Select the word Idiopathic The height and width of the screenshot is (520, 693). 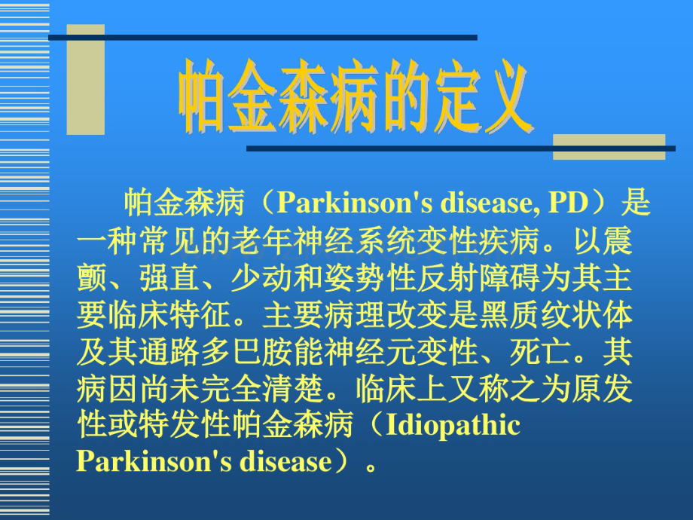tap(453, 425)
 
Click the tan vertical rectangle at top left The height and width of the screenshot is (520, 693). tap(85, 79)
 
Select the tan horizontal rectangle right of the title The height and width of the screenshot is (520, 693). tap(609, 147)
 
